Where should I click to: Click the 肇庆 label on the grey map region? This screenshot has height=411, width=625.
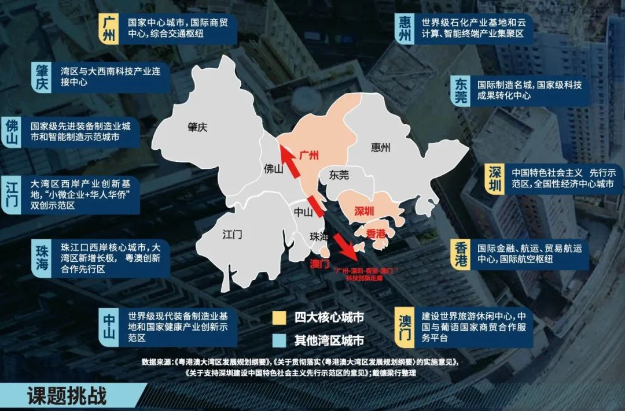coord(197,127)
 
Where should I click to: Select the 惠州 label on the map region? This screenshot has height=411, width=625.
coord(380,147)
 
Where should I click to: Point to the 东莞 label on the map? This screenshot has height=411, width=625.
coord(339,173)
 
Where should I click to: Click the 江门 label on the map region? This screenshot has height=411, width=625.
coord(232,235)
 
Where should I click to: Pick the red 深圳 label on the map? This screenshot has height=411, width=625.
coord(364,211)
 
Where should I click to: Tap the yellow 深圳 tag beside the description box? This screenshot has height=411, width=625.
coord(494,180)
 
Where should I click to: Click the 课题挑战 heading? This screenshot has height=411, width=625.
coord(67,397)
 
